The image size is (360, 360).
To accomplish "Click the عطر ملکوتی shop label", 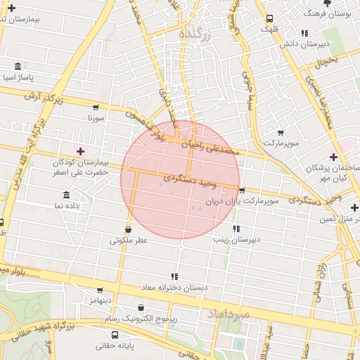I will [128, 240].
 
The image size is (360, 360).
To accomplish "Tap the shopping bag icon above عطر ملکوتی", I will [128, 229].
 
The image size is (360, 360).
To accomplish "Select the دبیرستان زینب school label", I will [238, 239].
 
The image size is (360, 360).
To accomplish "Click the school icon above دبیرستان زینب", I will [236, 229].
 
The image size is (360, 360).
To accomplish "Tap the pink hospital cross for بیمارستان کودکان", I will [79, 151].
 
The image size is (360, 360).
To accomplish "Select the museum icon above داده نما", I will [66, 194].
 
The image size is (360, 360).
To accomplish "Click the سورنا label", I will [96, 119].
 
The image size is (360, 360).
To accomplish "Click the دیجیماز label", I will [101, 300].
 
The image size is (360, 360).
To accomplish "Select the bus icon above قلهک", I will [270, 19].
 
